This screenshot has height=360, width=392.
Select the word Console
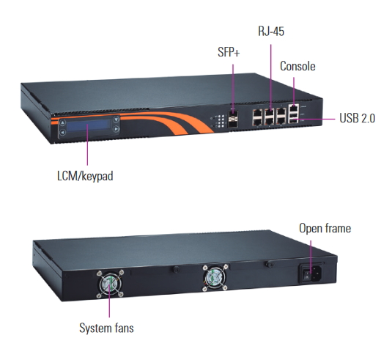click(x=297, y=67)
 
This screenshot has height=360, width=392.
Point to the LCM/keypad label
click(x=84, y=176)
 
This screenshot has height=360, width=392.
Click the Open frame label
click(x=325, y=229)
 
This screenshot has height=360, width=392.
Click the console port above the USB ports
click(x=295, y=109)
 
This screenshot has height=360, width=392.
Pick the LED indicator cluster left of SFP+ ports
click(x=217, y=123)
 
